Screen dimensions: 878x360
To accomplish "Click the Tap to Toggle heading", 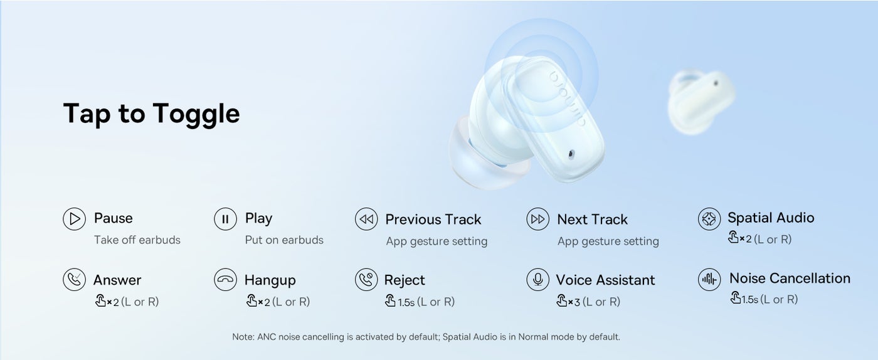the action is click(151, 114).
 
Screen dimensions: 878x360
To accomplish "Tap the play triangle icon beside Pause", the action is click(74, 219).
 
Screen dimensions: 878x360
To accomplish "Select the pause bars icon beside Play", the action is click(225, 219).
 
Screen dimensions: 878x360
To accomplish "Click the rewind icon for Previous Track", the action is click(366, 219).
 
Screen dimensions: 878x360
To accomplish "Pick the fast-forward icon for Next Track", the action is click(538, 219).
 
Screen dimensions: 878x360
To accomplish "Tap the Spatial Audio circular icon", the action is click(709, 219).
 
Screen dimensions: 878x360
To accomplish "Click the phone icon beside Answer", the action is click(74, 280).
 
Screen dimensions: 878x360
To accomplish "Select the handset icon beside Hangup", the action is click(225, 280).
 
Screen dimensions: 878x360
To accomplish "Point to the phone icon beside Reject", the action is click(366, 280).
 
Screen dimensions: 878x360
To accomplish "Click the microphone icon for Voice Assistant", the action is click(538, 280).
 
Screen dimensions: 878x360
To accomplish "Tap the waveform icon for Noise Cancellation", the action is click(709, 280).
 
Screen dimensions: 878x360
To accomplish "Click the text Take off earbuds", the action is click(137, 240).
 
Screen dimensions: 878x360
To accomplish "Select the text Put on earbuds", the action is click(284, 240).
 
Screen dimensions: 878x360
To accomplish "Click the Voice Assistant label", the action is click(606, 280).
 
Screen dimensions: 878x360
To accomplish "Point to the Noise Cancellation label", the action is click(790, 278).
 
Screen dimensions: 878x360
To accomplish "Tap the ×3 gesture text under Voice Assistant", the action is click(574, 302).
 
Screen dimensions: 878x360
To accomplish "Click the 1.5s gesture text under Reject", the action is click(406, 302).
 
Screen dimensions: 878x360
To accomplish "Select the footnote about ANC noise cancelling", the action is click(426, 337).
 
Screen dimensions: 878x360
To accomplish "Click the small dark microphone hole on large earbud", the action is click(571, 153).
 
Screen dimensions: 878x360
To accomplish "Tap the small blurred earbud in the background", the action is click(701, 101).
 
